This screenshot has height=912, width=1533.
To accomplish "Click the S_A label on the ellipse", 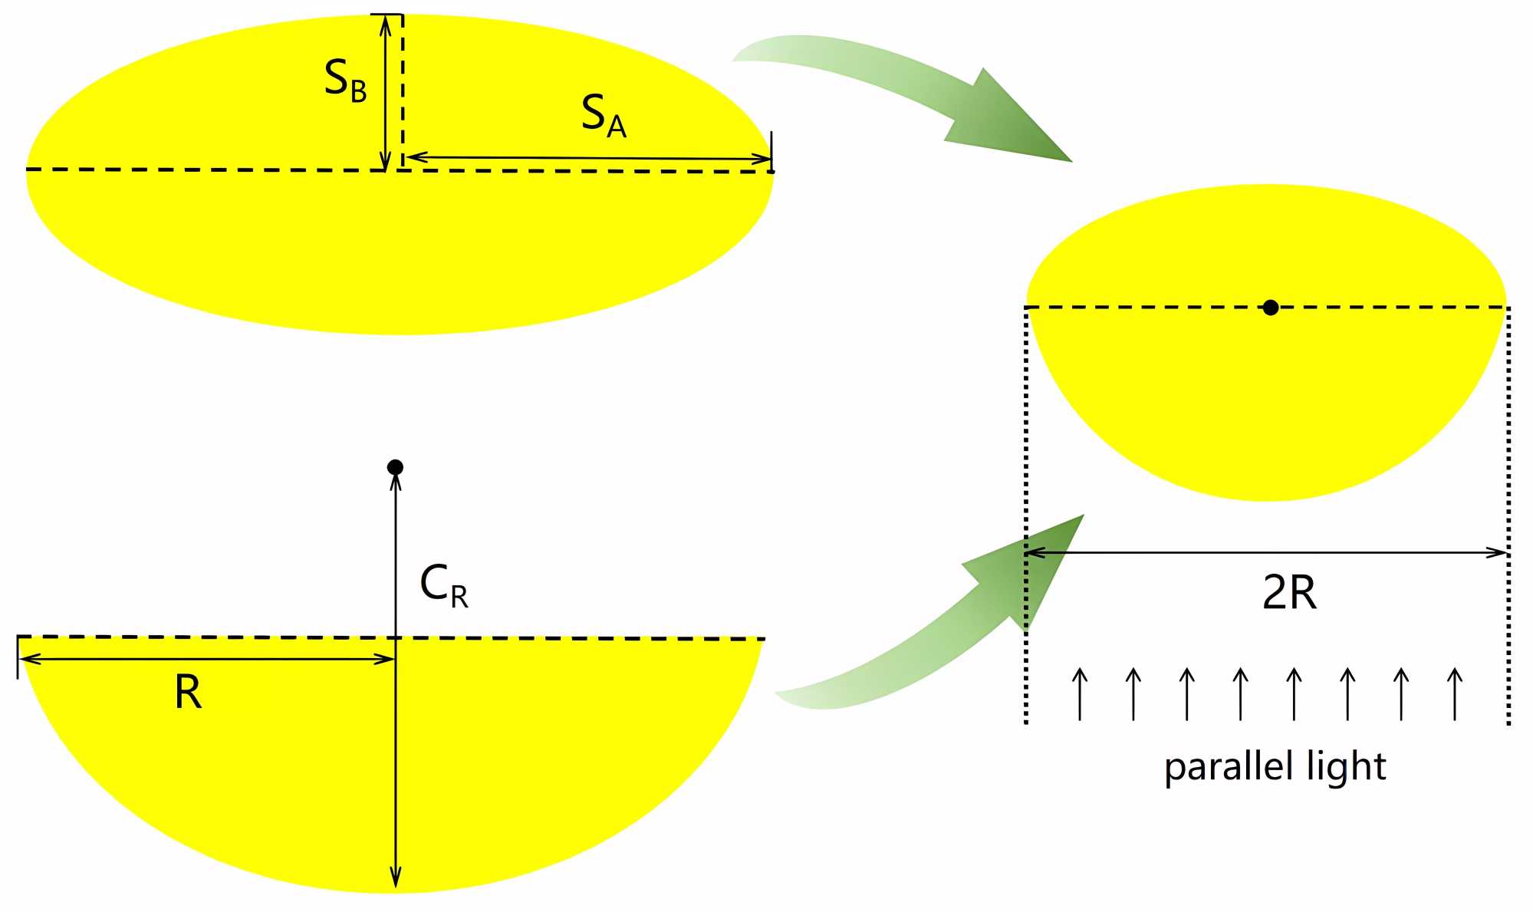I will (x=604, y=116).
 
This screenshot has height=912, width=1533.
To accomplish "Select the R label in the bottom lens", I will (x=188, y=692).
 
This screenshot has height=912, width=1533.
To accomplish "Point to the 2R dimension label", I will (x=1289, y=592).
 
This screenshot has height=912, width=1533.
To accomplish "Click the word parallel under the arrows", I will (x=1226, y=767).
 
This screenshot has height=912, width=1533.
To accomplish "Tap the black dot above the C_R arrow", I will (x=395, y=467).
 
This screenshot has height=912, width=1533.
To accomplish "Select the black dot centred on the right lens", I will (x=1271, y=308).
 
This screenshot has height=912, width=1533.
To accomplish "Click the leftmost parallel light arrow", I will (x=1080, y=693).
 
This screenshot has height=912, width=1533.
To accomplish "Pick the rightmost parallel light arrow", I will (x=1455, y=693).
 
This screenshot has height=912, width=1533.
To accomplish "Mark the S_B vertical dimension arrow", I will (x=385, y=92).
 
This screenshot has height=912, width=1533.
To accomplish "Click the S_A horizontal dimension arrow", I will (x=587, y=158).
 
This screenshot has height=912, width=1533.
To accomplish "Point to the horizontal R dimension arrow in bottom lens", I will (x=207, y=659).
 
